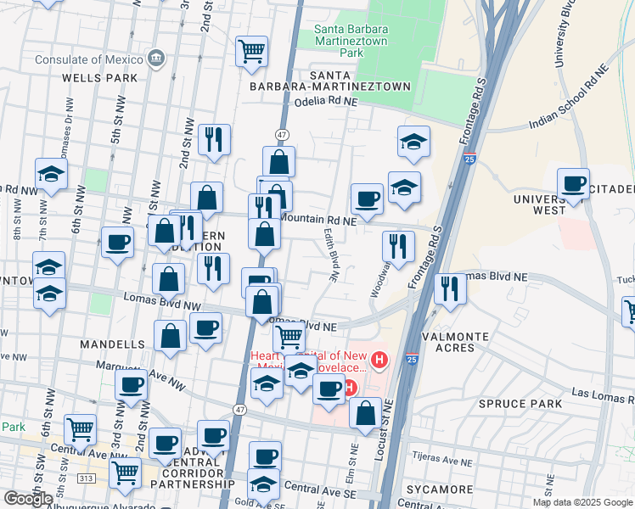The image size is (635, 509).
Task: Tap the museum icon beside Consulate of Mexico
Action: (155, 58)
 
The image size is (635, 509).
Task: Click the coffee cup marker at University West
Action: (574, 183)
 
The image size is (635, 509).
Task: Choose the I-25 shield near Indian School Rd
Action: (470, 158)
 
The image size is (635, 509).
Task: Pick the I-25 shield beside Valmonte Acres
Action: (412, 360)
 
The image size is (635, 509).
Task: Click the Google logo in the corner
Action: (28, 499)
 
